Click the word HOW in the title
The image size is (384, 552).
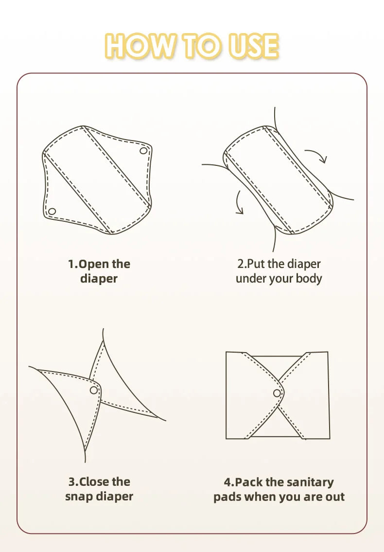140,45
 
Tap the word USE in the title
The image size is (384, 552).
253,45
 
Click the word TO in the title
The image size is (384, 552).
201,45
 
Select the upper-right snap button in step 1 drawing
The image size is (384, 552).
143,151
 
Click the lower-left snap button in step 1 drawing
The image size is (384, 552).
52,211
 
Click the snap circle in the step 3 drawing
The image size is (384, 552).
94,390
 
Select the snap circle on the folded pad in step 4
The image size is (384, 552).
277,393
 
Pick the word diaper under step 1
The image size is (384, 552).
99,279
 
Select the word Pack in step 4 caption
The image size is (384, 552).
249,482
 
